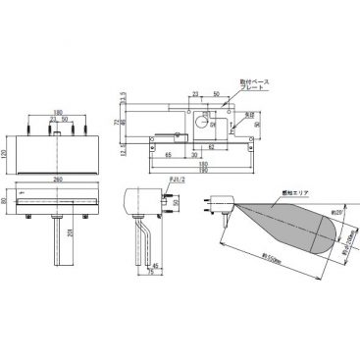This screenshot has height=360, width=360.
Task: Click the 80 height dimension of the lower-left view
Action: point(8,203)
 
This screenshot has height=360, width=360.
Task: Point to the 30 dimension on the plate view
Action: point(197,156)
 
